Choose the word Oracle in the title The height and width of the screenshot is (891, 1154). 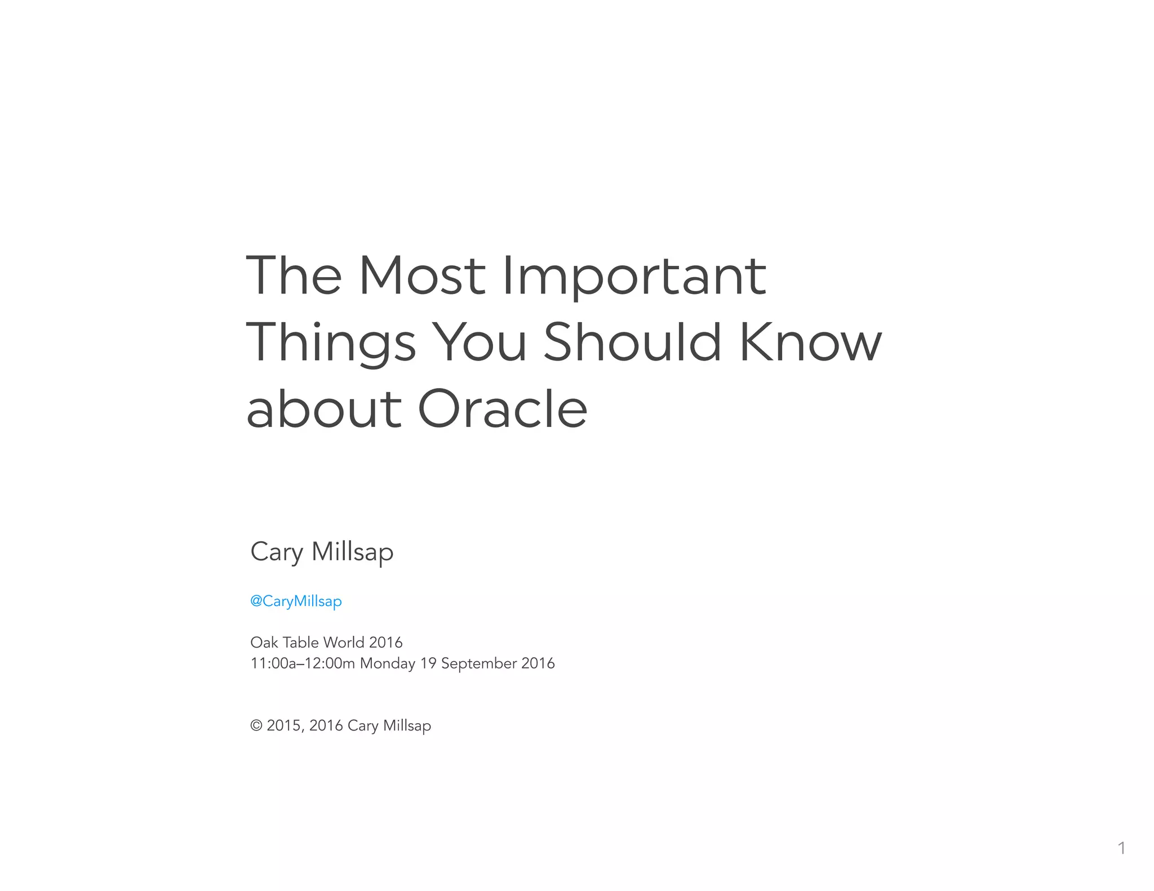[x=503, y=409]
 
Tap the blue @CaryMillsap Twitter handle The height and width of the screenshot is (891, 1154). [x=296, y=601]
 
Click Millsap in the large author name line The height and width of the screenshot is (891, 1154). [x=353, y=551]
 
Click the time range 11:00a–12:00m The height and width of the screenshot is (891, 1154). [x=303, y=663]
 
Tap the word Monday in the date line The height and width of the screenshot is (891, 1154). [x=388, y=663]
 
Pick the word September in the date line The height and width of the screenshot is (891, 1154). [x=479, y=663]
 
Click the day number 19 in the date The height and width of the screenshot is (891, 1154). [x=428, y=663]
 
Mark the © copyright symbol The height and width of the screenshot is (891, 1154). [x=256, y=725]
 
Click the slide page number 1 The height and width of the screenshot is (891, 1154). [x=1121, y=848]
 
